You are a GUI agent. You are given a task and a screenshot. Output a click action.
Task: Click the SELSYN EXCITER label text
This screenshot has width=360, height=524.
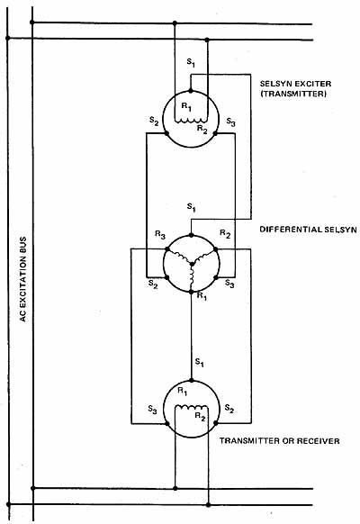coord(295,84)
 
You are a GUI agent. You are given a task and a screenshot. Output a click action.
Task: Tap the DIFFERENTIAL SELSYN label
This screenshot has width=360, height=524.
coord(308,230)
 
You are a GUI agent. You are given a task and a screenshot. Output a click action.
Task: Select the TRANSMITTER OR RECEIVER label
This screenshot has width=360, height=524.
coord(279,441)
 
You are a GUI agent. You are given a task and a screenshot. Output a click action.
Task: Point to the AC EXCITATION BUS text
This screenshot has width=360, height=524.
coord(22,279)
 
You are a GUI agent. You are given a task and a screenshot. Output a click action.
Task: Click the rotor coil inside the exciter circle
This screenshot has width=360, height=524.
coord(191,120)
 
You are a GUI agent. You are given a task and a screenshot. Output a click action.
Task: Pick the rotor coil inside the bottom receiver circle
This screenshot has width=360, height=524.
coord(192,407)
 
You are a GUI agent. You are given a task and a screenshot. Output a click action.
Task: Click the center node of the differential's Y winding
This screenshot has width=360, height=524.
coord(192,264)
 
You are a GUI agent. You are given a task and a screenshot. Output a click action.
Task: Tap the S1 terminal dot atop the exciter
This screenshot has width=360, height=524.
coord(191,91)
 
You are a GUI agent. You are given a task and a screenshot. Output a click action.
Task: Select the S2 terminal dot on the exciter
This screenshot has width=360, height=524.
coord(166,133)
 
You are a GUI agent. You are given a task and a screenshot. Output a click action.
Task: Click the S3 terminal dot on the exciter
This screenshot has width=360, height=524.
coord(215,133)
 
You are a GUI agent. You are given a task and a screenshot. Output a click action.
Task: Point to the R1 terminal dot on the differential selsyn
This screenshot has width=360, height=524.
coord(192,292)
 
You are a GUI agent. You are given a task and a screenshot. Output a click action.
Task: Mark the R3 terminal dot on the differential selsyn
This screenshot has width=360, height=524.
coord(167,249)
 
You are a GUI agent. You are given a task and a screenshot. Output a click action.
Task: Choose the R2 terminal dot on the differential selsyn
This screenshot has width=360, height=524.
coord(215,249)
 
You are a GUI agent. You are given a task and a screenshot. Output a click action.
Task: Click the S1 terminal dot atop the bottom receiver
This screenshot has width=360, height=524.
coord(192,380)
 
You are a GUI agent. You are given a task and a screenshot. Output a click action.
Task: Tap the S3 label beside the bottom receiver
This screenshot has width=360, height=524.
coord(153,410)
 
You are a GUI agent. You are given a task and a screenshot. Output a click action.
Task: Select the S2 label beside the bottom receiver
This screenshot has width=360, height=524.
coord(229,409)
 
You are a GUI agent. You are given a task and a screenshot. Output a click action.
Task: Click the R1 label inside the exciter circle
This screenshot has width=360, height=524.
coord(186,107)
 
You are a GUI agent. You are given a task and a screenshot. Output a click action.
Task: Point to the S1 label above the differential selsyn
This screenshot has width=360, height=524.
coord(191,207)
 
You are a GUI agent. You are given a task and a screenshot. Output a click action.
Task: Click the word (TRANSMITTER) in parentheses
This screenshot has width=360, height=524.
coord(293,94)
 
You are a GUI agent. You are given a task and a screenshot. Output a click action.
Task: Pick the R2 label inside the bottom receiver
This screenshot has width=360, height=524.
coord(200,417)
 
